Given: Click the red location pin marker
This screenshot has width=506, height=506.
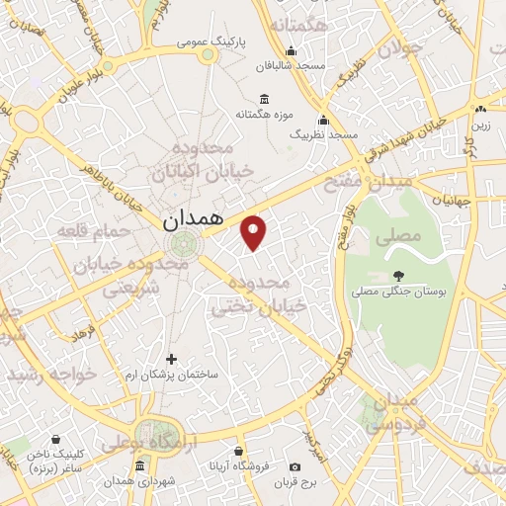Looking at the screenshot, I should click(255, 231).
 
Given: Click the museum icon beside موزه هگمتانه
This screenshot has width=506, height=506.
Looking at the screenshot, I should click(263, 98).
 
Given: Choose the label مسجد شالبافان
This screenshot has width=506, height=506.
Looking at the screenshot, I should click(290, 66).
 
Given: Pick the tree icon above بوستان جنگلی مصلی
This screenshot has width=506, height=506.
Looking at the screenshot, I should click(398, 276).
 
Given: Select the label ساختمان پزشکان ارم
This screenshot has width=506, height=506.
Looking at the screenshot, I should click(174, 376).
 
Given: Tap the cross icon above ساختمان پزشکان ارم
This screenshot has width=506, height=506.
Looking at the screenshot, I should click(171, 359).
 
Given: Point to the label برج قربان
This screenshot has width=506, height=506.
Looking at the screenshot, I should click(295, 483).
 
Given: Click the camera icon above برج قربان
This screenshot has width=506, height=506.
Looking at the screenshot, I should click(295, 466).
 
